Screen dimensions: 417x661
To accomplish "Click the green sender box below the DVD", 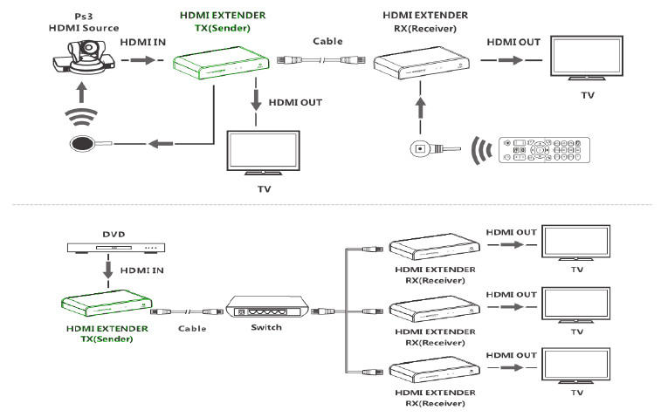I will pos(106,302).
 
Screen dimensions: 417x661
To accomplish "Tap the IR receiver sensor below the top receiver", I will pos(423,147).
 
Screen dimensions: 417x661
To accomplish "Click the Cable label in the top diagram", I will pos(327,41).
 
